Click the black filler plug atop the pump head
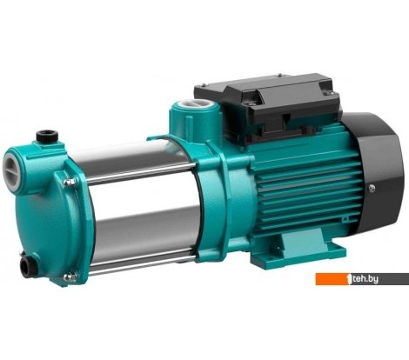pyautogui.click(x=41, y=136)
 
